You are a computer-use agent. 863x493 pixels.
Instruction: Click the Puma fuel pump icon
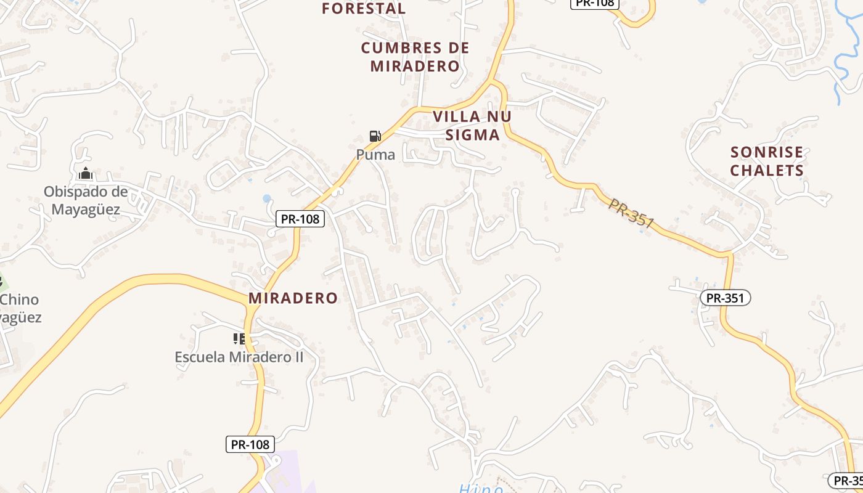coord(375,136)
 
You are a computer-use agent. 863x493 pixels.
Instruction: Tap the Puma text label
coord(375,155)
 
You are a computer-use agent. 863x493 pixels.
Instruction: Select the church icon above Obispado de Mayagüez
coord(86,173)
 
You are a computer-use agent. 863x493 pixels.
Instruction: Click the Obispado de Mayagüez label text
coord(86,201)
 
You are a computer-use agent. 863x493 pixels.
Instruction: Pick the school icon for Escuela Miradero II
coord(239,338)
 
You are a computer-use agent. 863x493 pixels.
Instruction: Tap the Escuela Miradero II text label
coord(239,357)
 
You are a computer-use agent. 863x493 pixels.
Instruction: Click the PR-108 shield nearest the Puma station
coord(300,218)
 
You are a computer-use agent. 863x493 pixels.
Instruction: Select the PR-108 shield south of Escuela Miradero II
coord(250,444)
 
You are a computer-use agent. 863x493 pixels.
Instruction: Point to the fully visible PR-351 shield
coord(726,298)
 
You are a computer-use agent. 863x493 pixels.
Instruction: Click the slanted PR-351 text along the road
coord(631,214)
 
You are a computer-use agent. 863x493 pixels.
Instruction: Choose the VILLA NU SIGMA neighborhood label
coord(472,126)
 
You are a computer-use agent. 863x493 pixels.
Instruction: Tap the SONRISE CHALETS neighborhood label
coord(767,161)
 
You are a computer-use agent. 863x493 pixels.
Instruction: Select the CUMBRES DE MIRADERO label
coord(415,57)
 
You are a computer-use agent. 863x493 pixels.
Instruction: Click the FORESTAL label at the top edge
coord(364,8)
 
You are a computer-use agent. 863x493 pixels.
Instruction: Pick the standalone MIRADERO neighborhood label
coord(293,298)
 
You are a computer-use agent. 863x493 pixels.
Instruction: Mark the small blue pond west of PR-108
coord(266,198)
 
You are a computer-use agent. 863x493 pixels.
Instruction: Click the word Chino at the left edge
coord(20,300)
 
